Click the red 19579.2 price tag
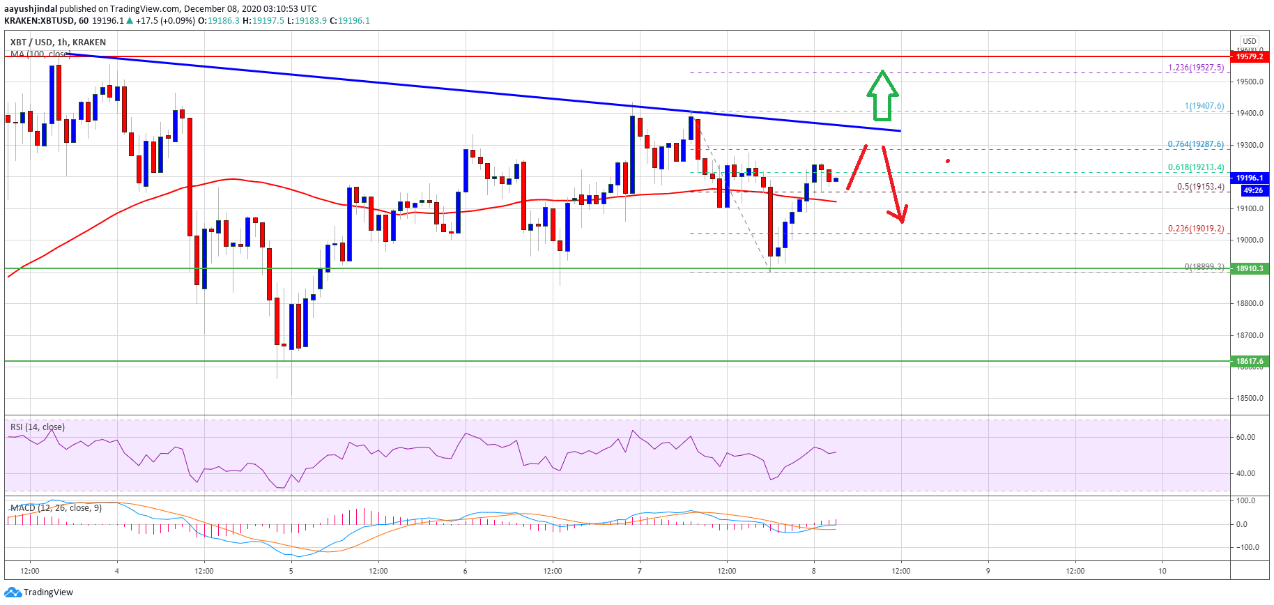pyautogui.click(x=1250, y=56)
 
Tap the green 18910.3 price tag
pyautogui.click(x=1250, y=268)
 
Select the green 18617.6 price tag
pyautogui.click(x=1250, y=361)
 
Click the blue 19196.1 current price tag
pyautogui.click(x=1250, y=178)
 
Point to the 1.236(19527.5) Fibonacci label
pyautogui.click(x=1195, y=68)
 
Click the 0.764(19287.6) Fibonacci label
pyautogui.click(x=1195, y=144)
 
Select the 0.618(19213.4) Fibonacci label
pyautogui.click(x=1195, y=167)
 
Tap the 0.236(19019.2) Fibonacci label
pyautogui.click(x=1195, y=229)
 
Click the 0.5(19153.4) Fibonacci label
pyautogui.click(x=1200, y=187)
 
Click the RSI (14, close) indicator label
pyautogui.click(x=38, y=427)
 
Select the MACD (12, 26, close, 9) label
pyautogui.click(x=56, y=508)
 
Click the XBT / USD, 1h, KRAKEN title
pyautogui.click(x=58, y=43)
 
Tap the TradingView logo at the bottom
pyautogui.click(x=39, y=592)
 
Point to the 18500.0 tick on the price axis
pyautogui.click(x=1250, y=399)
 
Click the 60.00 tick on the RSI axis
pyautogui.click(x=1245, y=438)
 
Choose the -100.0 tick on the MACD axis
pyautogui.click(x=1247, y=547)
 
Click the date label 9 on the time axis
pyautogui.click(x=988, y=571)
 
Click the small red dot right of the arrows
pyautogui.click(x=948, y=161)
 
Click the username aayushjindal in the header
pyautogui.click(x=31, y=9)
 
